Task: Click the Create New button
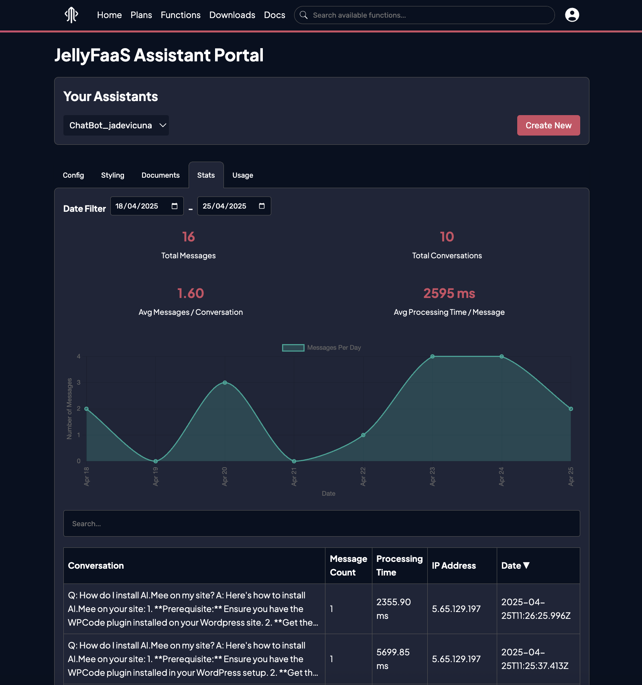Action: pos(548,126)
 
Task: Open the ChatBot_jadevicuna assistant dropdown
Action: pos(116,126)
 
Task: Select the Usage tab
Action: pos(242,175)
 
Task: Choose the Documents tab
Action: pos(160,175)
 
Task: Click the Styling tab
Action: pos(113,175)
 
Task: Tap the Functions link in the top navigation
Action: pos(181,15)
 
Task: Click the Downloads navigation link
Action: pos(232,15)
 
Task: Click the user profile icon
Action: pos(572,15)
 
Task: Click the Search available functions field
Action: pos(425,15)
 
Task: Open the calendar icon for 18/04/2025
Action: pos(175,206)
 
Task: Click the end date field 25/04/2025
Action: pos(225,206)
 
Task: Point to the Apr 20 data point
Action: pos(225,383)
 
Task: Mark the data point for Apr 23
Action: pos(433,357)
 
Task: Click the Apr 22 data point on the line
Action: pos(363,435)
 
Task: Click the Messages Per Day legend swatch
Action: pos(293,348)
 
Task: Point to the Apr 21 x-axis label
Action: pos(294,476)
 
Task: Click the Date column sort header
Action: pos(515,565)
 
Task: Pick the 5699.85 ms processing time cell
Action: pos(393,659)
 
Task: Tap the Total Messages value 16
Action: pos(189,237)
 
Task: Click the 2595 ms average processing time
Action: pos(449,294)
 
